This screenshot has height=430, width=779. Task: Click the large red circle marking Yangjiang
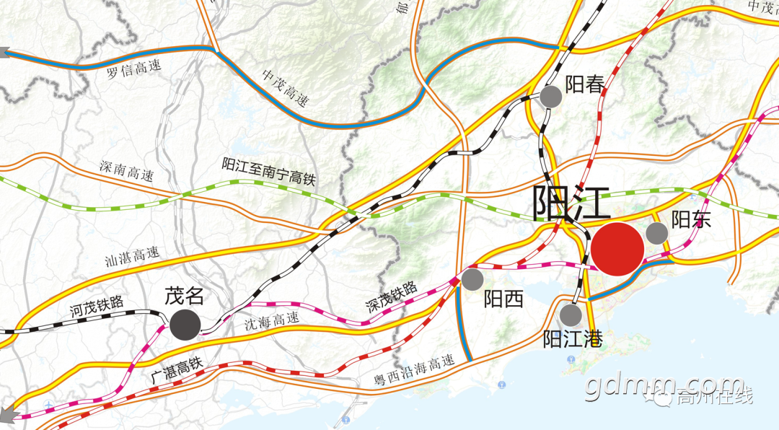tap(617, 249)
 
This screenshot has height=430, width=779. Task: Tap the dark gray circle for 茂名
tap(185, 324)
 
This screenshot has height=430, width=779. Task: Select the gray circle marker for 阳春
tap(550, 96)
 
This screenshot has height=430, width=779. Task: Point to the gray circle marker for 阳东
tap(656, 233)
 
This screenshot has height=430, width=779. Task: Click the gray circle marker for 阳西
tap(472, 278)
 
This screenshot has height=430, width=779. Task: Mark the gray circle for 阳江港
tap(570, 315)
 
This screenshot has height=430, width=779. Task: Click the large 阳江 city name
tap(571, 203)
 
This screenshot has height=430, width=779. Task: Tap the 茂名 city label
tap(185, 296)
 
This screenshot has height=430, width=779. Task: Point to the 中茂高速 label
tap(285, 88)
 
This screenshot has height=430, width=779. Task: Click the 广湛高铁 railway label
tap(176, 372)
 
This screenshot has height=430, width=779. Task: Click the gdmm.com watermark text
tap(664, 387)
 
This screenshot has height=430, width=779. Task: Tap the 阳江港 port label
tap(571, 338)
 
